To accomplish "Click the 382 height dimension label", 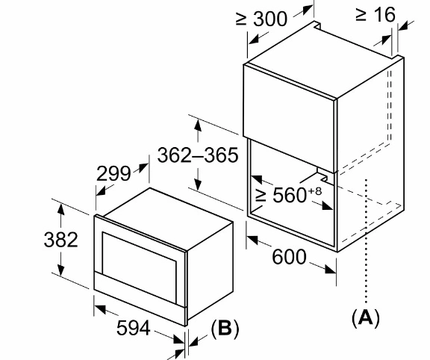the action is click(x=61, y=240).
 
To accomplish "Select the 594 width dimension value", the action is click(x=134, y=328).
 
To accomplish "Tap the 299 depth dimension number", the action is click(x=113, y=173).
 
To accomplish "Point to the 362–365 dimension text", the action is click(x=198, y=155).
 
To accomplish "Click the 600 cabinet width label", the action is click(x=289, y=257).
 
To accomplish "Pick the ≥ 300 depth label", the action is click(x=261, y=19).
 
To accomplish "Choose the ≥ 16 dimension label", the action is click(x=376, y=14).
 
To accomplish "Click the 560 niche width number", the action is click(x=290, y=196).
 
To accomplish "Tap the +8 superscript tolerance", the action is click(x=315, y=191).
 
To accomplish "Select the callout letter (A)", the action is click(x=366, y=317).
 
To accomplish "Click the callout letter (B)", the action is click(x=225, y=328).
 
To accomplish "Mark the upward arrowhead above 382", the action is click(x=61, y=209).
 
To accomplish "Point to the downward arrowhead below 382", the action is click(x=61, y=270).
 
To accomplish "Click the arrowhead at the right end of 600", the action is click(x=330, y=270).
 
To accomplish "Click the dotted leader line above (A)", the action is click(x=366, y=241).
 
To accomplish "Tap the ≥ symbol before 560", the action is click(x=261, y=196).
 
